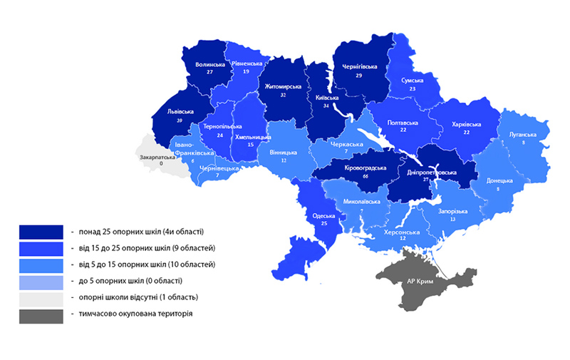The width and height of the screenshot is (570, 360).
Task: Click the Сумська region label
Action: (x=412, y=81)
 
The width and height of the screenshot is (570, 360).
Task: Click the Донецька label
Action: (x=499, y=180)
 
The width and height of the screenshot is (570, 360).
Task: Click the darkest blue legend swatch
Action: (x=41, y=232)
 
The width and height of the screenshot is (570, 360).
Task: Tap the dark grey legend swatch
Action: (x=41, y=314)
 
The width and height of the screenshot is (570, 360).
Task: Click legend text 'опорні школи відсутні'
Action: (x=135, y=297)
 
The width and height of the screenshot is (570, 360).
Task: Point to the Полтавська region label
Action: (x=403, y=123)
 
